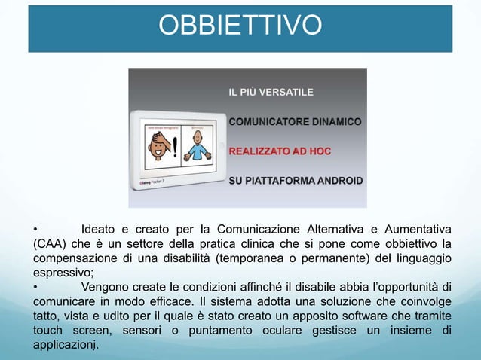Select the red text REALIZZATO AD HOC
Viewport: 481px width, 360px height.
pos(280,151)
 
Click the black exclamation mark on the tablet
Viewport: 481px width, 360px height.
pos(175,143)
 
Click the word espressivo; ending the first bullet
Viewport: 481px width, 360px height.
pos(62,273)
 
